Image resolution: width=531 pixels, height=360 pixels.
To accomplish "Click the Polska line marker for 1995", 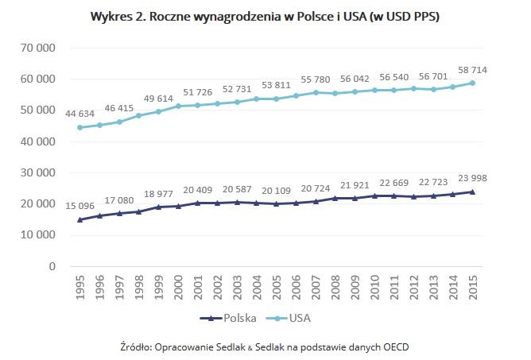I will [x=80, y=219].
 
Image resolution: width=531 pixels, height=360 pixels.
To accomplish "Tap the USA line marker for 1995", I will [x=80, y=127].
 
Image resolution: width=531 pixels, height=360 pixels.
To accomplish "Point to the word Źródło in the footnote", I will [x=134, y=346].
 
